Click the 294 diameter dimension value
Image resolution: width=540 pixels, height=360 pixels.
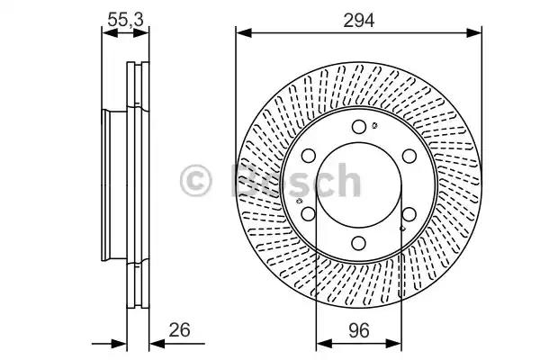358,21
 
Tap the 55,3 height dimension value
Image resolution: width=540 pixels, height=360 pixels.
125,20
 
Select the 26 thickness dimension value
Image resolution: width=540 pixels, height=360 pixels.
179,329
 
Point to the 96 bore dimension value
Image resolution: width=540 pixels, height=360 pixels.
358,330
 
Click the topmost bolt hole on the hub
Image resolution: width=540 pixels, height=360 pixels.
359,127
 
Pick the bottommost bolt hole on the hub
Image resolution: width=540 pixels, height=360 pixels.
359,244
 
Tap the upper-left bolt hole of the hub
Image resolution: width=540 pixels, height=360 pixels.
309,156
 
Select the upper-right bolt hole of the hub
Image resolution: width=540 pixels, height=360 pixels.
409,156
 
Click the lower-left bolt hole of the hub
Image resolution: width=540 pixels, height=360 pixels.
309,214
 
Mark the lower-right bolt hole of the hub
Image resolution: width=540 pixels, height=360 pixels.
409,214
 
